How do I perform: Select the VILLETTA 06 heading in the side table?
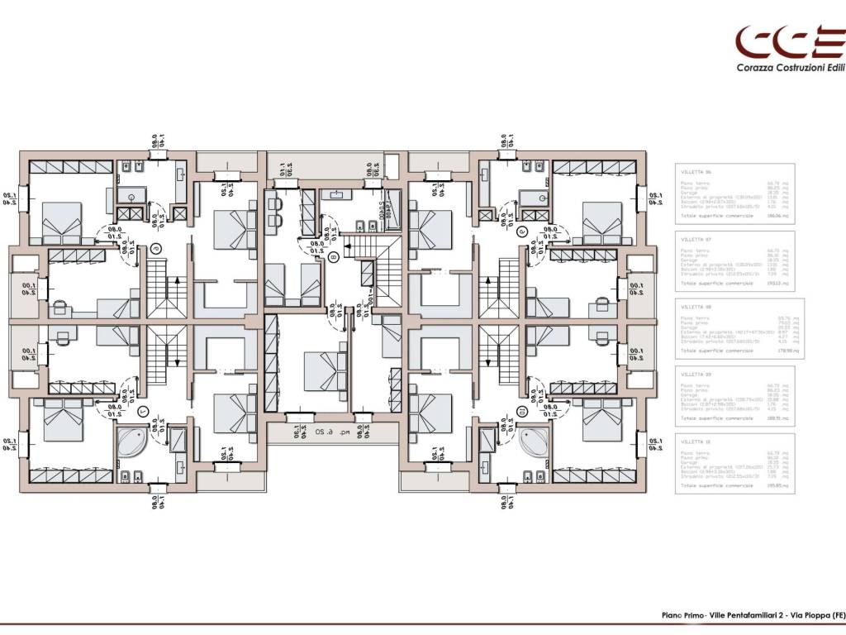[696, 170]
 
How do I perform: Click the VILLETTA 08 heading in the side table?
[696, 306]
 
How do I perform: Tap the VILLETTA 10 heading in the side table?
[696, 442]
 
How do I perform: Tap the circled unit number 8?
[332, 258]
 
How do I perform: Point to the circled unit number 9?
[520, 233]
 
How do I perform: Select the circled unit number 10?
[520, 409]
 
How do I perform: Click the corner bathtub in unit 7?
[134, 442]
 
